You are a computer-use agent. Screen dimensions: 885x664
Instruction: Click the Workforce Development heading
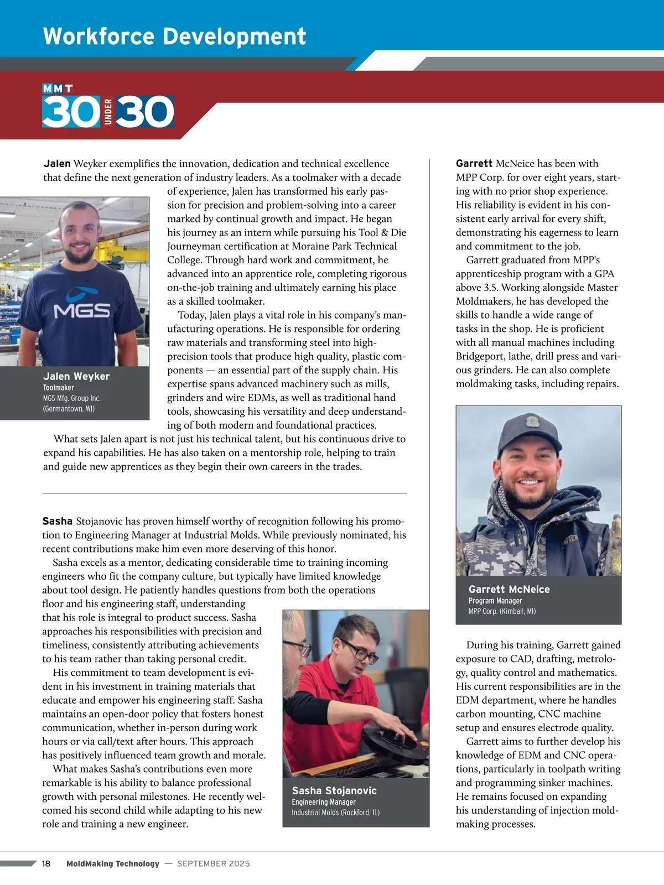point(174,37)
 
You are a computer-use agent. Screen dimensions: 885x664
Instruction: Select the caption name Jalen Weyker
point(76,376)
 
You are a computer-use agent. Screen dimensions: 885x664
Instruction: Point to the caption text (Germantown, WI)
point(69,409)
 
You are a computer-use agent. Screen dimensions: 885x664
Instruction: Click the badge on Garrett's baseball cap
point(533,421)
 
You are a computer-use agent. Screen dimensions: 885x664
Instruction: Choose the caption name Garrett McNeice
point(509,590)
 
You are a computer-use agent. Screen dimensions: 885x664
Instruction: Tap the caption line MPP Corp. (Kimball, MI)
point(502,611)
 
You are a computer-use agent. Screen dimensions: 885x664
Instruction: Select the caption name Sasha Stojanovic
point(334,791)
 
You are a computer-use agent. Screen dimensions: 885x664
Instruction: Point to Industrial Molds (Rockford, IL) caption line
point(335,813)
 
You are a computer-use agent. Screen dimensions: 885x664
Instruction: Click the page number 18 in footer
point(46,863)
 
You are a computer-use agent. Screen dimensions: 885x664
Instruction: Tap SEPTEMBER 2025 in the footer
point(214,863)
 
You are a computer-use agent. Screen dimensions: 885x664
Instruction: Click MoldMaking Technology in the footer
point(113,863)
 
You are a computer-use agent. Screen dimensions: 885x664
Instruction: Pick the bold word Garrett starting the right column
point(474,164)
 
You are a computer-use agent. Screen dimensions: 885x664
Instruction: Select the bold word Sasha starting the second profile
point(58,521)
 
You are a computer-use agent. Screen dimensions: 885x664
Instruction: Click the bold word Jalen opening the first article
point(57,164)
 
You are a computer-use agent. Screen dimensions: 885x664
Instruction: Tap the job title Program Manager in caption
point(495,601)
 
